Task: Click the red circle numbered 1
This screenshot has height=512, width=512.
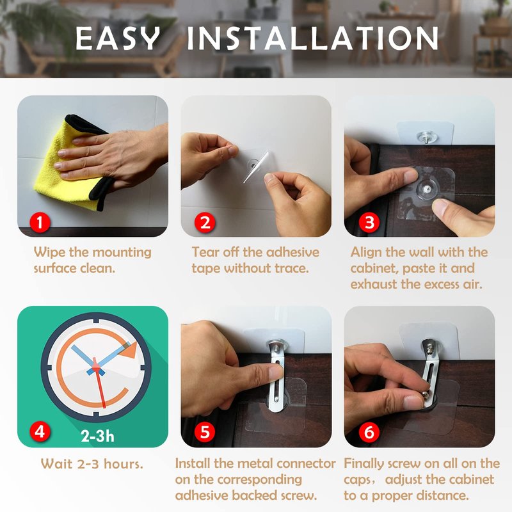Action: (x=40, y=223)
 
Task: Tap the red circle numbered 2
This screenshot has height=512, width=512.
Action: (x=205, y=223)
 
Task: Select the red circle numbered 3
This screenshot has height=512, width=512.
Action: (x=369, y=223)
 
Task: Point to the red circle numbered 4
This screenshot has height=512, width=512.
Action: (x=40, y=431)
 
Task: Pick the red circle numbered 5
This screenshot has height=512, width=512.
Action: (x=205, y=431)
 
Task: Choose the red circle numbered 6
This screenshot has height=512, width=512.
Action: (x=369, y=431)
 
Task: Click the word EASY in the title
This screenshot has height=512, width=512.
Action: (x=118, y=38)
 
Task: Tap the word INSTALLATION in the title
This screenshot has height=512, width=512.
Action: (x=312, y=38)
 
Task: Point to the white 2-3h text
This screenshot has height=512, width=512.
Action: (x=98, y=436)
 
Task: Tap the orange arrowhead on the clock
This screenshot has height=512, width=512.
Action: (x=129, y=351)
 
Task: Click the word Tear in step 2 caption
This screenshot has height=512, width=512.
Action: (x=205, y=252)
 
